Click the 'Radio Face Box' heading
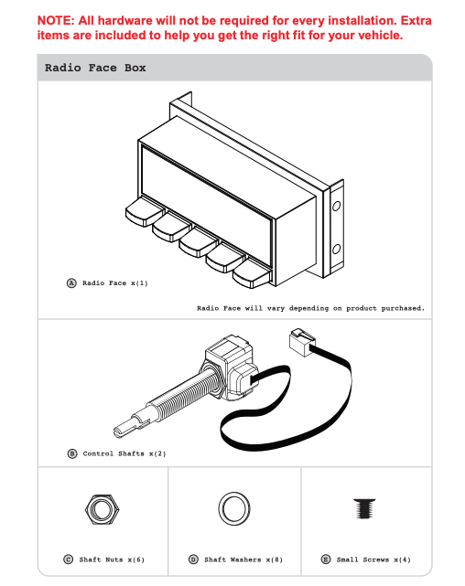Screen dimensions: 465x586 (x=95, y=68)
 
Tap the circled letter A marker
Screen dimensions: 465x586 (x=71, y=282)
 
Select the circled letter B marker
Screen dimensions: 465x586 (x=72, y=453)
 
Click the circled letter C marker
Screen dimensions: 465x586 (x=69, y=559)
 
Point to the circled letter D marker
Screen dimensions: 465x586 (x=193, y=559)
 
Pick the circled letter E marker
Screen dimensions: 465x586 (x=326, y=559)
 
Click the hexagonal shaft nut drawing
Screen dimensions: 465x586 (x=103, y=509)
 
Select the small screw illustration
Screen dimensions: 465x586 (x=364, y=508)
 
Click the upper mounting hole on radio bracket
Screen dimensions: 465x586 (x=336, y=206)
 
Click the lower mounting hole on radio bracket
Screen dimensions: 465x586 (x=336, y=249)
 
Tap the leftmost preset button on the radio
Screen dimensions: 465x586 (x=144, y=213)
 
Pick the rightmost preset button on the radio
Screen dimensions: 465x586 (x=252, y=274)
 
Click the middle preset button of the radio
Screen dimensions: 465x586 (x=198, y=243)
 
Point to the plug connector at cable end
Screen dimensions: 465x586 (x=302, y=342)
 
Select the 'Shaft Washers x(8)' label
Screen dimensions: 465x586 (x=243, y=559)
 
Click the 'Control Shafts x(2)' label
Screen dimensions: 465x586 (x=124, y=453)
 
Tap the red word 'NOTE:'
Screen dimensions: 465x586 (x=56, y=20)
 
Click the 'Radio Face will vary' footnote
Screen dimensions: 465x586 (x=311, y=308)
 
